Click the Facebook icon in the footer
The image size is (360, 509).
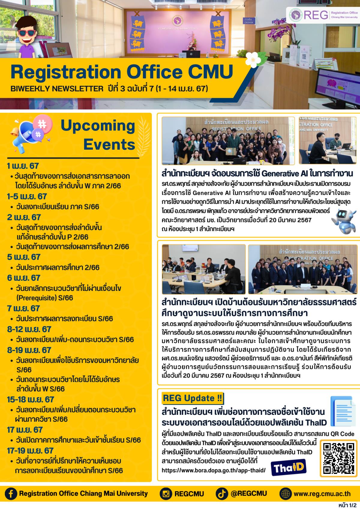click(x=11, y=494)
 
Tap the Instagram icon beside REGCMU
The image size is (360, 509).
click(x=166, y=494)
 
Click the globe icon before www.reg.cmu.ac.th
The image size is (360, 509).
click(x=285, y=494)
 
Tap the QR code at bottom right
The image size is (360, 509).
click(x=336, y=457)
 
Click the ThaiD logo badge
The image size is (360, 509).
click(x=288, y=467)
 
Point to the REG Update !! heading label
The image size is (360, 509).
click(x=192, y=398)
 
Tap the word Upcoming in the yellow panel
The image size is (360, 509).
click(x=98, y=126)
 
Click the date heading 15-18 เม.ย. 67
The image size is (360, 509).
click(x=31, y=399)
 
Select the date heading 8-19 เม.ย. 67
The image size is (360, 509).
click(x=29, y=350)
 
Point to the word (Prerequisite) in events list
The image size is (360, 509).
click(x=34, y=298)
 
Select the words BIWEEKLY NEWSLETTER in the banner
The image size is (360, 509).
click(x=57, y=88)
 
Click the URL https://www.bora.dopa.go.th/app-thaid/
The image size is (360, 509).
click(x=214, y=470)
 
